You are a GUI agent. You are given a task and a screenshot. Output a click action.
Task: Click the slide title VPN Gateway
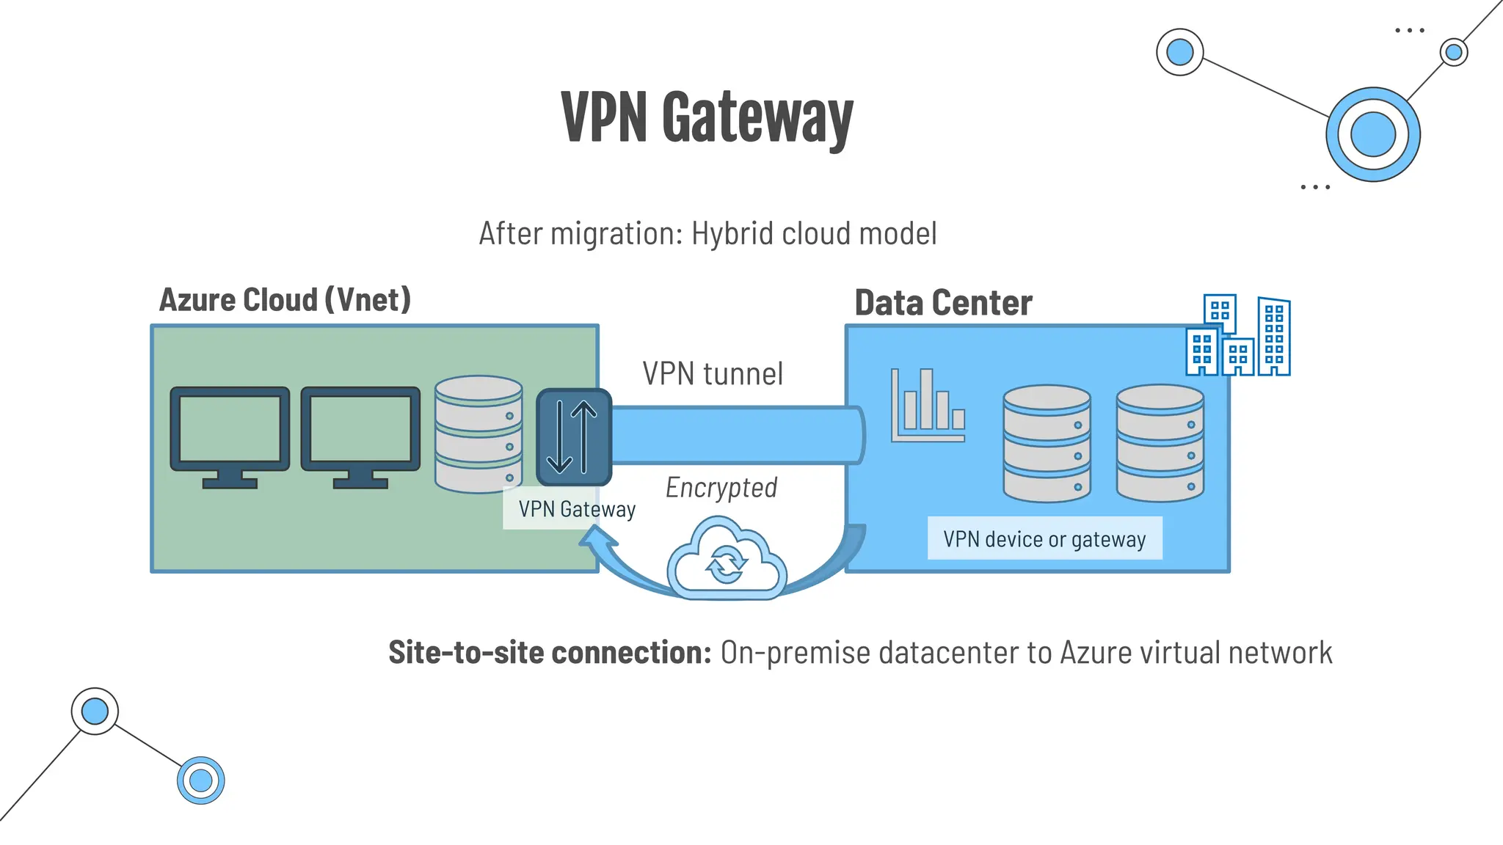pos(707,117)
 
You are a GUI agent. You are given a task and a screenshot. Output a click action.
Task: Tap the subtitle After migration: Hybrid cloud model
pos(707,234)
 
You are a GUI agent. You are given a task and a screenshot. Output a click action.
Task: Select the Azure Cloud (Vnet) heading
pos(285,300)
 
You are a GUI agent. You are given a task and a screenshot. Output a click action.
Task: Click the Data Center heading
pos(943,303)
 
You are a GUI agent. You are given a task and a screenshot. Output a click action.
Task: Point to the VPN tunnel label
pos(713,373)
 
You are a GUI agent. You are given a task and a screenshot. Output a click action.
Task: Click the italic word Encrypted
pos(721,488)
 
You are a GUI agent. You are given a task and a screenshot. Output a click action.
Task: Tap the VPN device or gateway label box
pos(1044,539)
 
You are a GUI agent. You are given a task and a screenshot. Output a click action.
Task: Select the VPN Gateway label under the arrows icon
pos(576,509)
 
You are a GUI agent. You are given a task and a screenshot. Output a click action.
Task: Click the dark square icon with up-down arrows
pos(573,437)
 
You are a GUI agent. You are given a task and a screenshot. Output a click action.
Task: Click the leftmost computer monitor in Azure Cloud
pos(230,436)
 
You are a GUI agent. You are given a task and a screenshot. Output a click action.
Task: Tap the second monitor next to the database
pos(360,436)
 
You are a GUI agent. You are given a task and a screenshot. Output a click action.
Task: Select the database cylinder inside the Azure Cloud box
pos(478,434)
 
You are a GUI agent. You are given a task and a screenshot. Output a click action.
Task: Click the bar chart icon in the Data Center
pos(928,406)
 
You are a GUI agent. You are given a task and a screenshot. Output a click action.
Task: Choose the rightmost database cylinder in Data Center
pos(1160,443)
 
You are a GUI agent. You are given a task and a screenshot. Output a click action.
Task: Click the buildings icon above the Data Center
pos(1238,336)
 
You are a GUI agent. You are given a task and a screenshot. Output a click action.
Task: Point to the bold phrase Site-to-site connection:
pos(550,652)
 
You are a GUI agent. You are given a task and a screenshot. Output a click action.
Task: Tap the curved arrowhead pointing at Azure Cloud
pos(597,541)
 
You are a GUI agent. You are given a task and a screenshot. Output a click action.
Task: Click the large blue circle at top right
pos(1372,134)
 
